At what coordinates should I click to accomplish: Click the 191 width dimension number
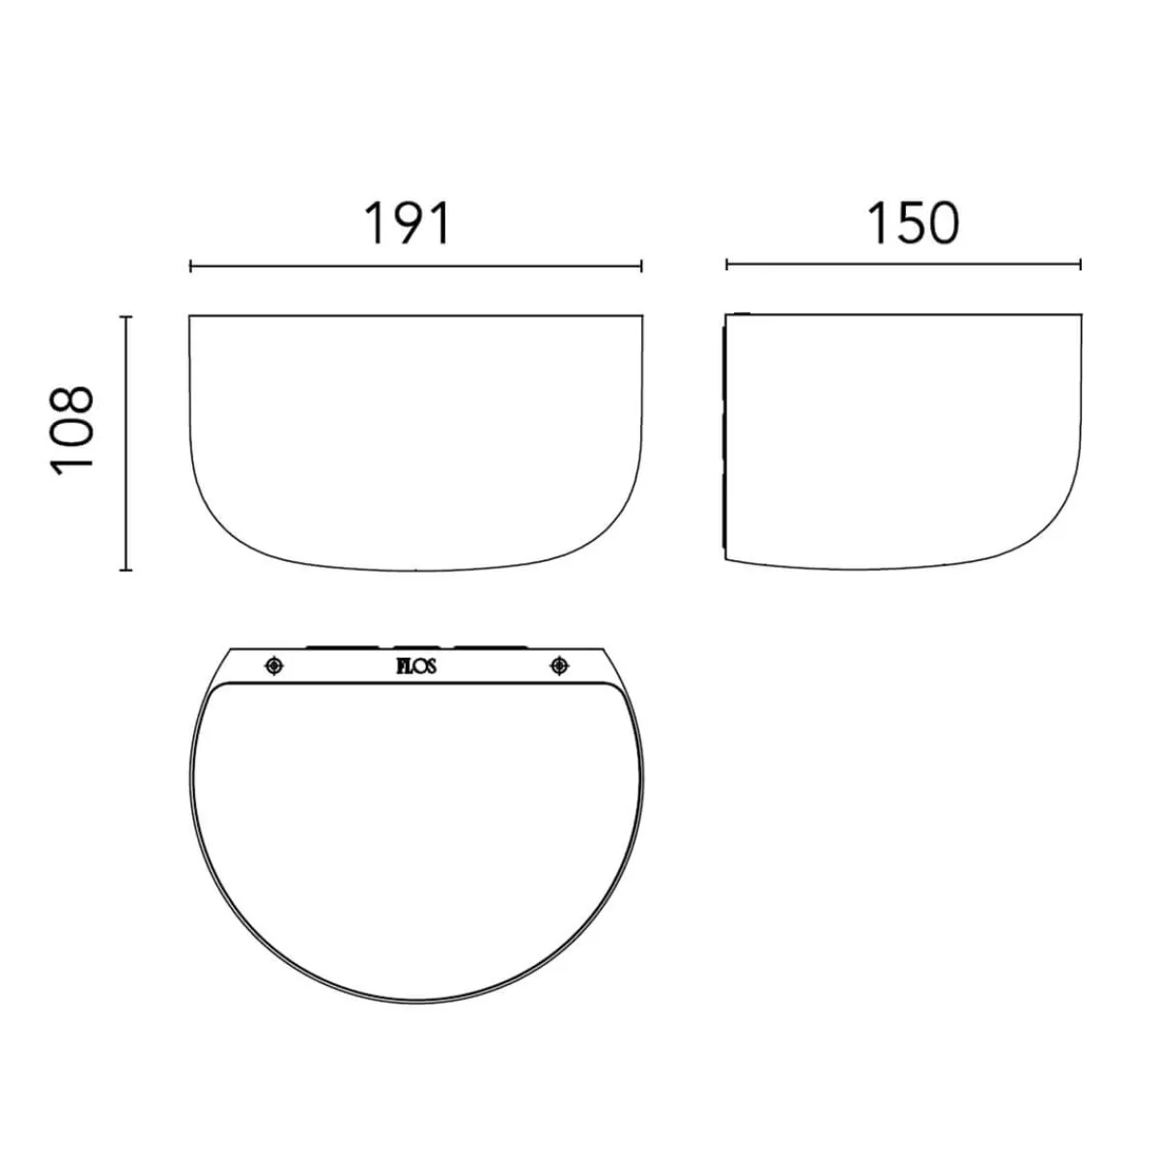[x=408, y=223]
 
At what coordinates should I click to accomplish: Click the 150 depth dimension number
[x=912, y=223]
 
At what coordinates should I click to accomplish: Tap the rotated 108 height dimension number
[x=72, y=431]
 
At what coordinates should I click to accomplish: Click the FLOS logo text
[x=416, y=666]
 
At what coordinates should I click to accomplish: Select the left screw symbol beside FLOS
[x=274, y=665]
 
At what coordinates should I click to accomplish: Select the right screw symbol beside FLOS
[x=559, y=665]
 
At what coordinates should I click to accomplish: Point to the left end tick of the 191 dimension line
[x=190, y=266]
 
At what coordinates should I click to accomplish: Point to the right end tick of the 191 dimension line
[x=641, y=266]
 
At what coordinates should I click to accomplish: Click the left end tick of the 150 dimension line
[x=726, y=264]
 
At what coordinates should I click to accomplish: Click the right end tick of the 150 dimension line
[x=1081, y=264]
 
